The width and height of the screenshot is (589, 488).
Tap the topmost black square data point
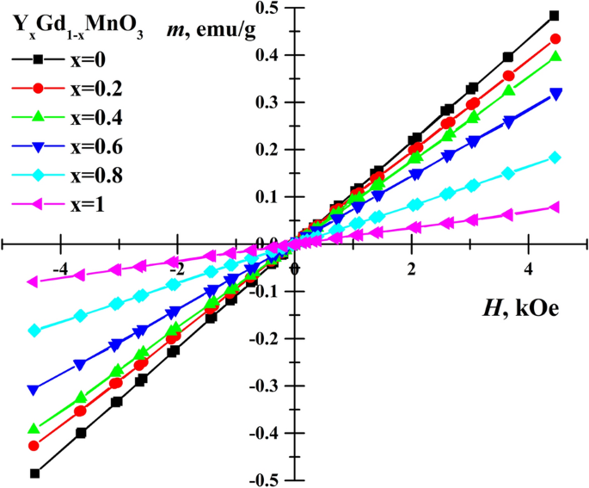coord(554,15)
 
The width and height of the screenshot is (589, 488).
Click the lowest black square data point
coord(35,473)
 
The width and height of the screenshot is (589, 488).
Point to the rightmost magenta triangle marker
coord(555,207)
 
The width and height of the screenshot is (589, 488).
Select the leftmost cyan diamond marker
coord(35,330)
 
